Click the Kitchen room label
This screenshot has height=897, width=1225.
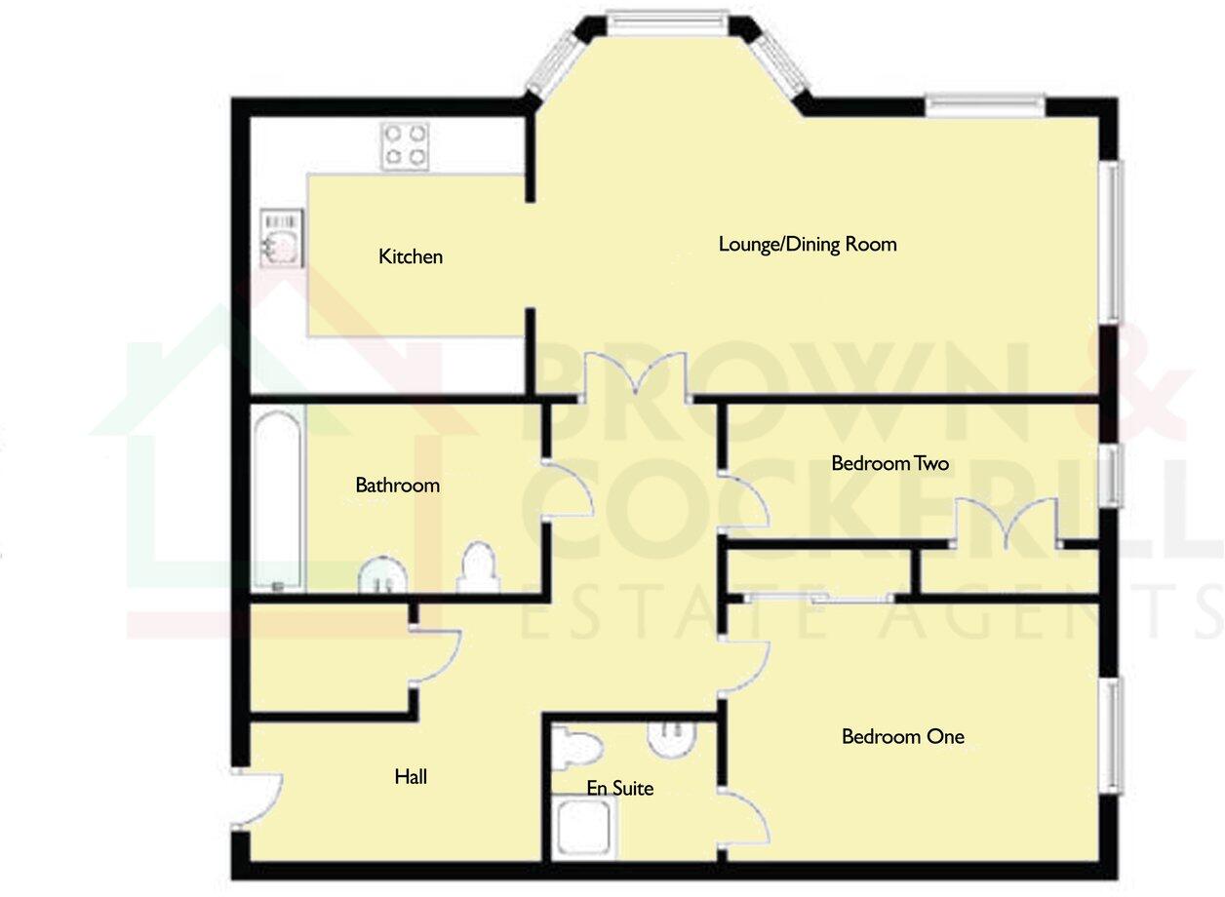point(411,256)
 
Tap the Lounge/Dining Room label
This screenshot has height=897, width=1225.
point(808,244)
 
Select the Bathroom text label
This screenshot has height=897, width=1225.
point(397,485)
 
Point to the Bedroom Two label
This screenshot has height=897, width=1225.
point(889,463)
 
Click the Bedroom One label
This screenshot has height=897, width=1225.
point(903,736)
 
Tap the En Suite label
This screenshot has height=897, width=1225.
point(620,788)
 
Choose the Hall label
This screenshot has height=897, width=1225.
point(411,777)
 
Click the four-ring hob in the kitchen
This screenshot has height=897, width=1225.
point(405,144)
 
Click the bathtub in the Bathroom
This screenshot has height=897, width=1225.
point(278,500)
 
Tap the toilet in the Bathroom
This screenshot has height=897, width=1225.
point(478,568)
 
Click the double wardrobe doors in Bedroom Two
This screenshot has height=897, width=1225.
point(1007,522)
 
